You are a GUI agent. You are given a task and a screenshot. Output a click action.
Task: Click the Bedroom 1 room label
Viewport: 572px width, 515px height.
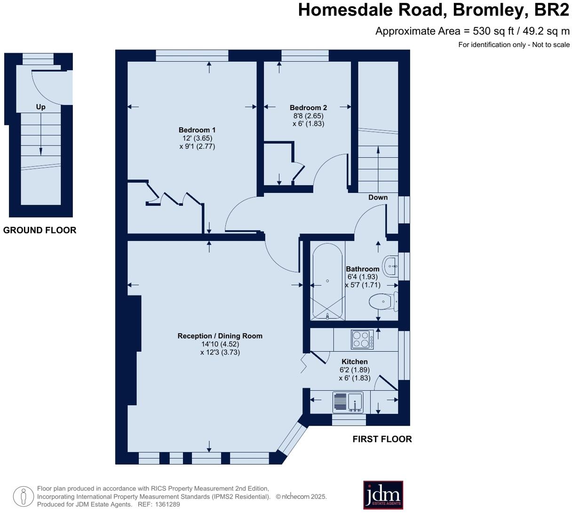[197, 130]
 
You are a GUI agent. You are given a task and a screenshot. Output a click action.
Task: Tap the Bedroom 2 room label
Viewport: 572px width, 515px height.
[308, 108]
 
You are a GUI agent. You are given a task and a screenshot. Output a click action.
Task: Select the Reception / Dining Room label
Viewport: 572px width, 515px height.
[220, 336]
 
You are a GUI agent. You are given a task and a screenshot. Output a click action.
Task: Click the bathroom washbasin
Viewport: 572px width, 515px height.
[390, 266]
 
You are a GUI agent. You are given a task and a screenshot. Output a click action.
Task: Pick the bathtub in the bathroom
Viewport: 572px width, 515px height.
[327, 282]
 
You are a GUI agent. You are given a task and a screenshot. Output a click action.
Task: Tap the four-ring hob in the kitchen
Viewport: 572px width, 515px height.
[362, 339]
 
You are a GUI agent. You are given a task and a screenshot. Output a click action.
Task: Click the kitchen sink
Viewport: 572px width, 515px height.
[348, 402]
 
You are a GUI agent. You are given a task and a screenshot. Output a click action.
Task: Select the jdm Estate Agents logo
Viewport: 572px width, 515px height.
[383, 495]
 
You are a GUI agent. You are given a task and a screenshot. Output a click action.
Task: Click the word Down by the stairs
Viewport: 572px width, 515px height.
[378, 197]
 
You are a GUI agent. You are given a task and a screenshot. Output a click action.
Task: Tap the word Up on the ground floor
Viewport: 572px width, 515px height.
[40, 107]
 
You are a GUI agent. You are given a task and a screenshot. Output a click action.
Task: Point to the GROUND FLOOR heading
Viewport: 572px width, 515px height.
[40, 230]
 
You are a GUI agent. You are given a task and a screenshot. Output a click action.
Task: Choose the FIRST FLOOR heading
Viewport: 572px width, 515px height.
[382, 439]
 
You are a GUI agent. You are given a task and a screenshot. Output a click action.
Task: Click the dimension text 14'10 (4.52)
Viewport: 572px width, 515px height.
[220, 344]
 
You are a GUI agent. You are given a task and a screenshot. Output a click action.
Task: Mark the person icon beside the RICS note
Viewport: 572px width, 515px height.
[24, 497]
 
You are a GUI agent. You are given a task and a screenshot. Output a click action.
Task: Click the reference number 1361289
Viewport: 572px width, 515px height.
[167, 505]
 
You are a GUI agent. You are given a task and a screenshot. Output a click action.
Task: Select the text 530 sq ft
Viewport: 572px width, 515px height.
[493, 31]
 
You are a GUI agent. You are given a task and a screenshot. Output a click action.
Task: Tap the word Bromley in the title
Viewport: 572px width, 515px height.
[489, 10]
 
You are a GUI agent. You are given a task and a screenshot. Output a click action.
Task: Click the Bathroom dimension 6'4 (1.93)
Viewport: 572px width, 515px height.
[362, 277]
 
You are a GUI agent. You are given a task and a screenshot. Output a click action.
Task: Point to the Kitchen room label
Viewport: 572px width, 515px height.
[354, 362]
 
